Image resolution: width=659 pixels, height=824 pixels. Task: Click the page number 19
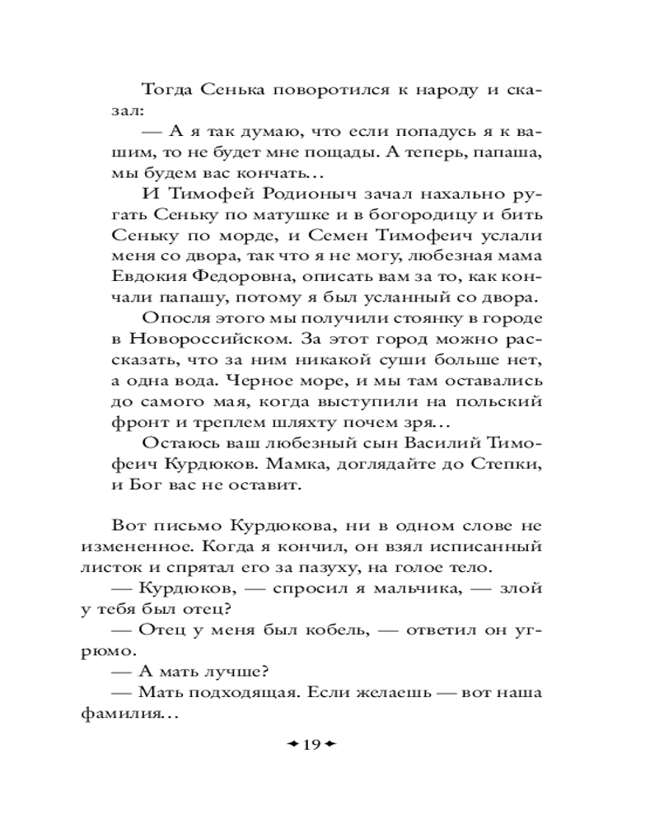click(x=311, y=745)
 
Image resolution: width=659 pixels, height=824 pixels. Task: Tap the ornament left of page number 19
click(x=292, y=745)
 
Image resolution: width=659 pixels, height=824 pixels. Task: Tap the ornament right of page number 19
click(x=332, y=745)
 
